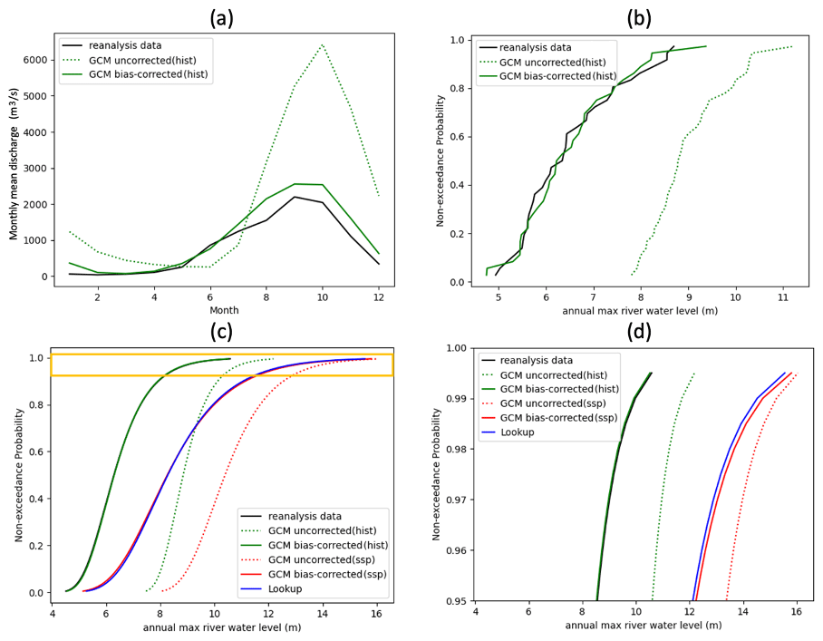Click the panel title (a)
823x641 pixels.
click(221, 17)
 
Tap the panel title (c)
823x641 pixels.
click(221, 332)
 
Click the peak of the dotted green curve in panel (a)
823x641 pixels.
click(322, 44)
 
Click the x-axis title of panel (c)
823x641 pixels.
click(222, 626)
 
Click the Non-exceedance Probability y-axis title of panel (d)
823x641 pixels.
click(439, 475)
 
